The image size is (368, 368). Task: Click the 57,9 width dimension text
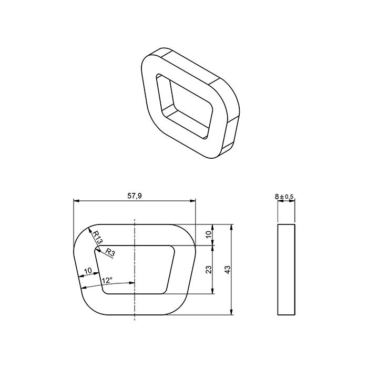tap(135, 196)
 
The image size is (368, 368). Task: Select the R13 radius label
tap(96, 237)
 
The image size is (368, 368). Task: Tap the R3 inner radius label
tap(110, 252)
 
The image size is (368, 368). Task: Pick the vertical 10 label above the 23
tap(209, 234)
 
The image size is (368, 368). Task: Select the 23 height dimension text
tap(209, 269)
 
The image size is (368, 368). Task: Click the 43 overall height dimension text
tap(228, 269)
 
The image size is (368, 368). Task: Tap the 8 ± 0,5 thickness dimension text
tap(285, 197)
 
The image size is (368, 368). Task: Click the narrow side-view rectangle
tap(286, 269)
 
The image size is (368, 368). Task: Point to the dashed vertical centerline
tap(135, 305)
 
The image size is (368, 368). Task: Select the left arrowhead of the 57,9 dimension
tap(76, 201)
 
